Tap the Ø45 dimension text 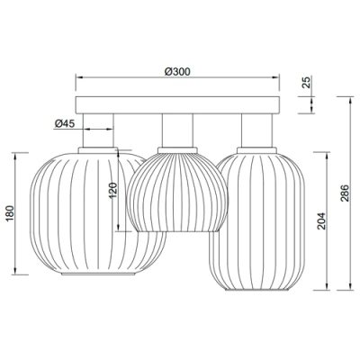64,123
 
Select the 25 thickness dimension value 307,84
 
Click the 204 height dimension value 322,217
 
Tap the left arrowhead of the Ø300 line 77,76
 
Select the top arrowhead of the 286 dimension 346,96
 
